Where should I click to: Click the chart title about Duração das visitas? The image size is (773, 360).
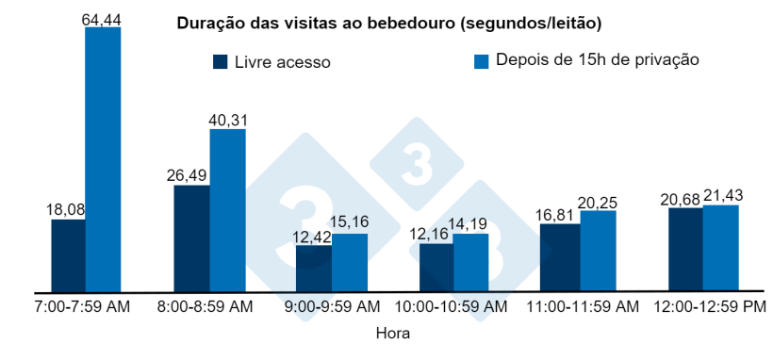(389, 22)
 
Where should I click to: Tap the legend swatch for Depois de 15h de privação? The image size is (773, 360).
(481, 61)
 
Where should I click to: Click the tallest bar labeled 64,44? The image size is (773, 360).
(103, 160)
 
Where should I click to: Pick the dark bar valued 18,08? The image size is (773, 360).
(68, 255)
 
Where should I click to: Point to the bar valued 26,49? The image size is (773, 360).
(191, 238)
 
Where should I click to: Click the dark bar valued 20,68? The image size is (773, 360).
(685, 250)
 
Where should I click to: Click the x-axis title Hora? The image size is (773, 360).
(393, 333)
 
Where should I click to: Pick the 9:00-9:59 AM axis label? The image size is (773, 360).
(333, 307)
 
